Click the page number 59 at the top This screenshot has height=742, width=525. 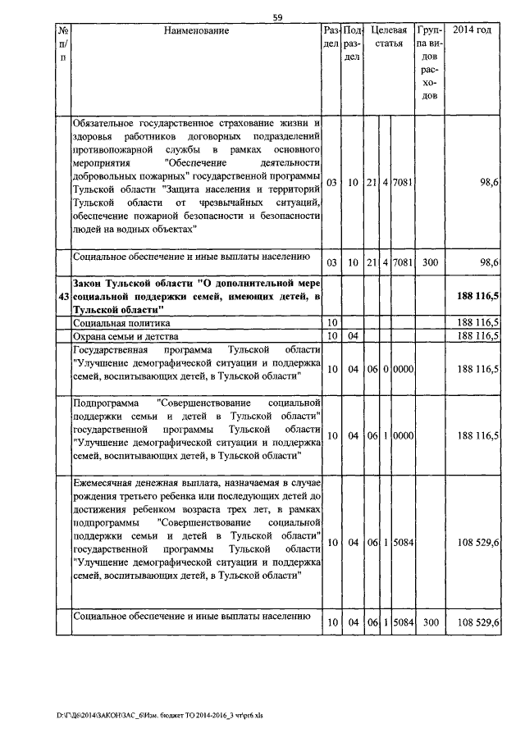coord(277,16)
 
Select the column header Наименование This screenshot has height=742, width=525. coord(196,31)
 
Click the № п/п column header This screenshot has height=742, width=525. coord(63,44)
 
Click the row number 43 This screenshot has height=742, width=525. coord(63,294)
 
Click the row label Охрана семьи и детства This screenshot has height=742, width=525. coord(121,335)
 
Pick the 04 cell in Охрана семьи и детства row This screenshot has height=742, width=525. coord(353,335)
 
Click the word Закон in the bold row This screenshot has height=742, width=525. coord(89,281)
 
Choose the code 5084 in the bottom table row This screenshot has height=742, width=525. coord(402,623)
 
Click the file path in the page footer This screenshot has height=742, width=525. coord(148,715)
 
